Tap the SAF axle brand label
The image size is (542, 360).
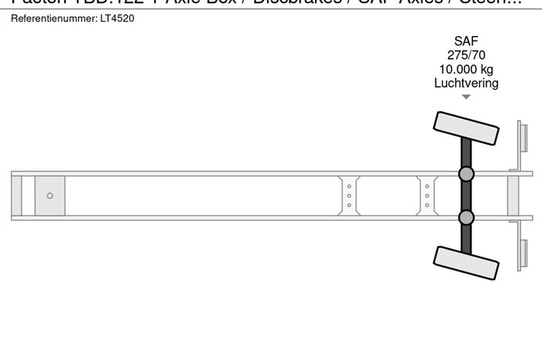(466, 41)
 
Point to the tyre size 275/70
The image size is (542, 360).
(466, 56)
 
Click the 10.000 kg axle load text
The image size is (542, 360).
(466, 70)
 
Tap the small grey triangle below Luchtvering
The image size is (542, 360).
(466, 97)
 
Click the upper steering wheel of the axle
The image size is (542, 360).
(466, 127)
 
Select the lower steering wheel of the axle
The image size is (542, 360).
(466, 262)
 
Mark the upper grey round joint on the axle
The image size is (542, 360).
(466, 174)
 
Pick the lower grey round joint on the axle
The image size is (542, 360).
(466, 217)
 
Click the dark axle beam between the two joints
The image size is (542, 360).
(466, 196)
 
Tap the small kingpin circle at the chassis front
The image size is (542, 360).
(50, 196)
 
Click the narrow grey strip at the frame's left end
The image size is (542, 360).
(16, 196)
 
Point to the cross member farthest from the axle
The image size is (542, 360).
(349, 196)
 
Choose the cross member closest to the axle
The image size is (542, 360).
(427, 196)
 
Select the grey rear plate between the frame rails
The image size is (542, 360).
(513, 196)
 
